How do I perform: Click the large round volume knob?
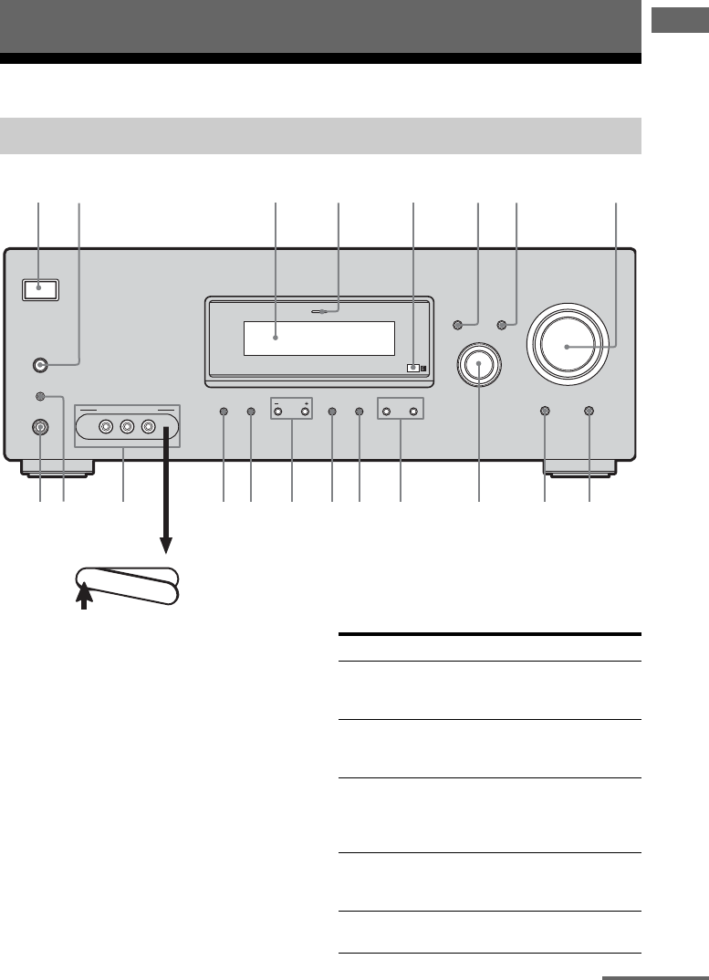pyautogui.click(x=566, y=347)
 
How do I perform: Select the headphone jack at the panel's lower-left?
pyautogui.click(x=40, y=426)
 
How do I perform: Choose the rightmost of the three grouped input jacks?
pyautogui.click(x=146, y=426)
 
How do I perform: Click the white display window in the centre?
pyautogui.click(x=318, y=339)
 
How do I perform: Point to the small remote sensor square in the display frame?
pyautogui.click(x=413, y=368)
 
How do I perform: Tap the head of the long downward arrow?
pyautogui.click(x=166, y=546)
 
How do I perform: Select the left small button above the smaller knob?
pyautogui.click(x=459, y=324)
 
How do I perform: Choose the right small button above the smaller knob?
pyautogui.click(x=501, y=324)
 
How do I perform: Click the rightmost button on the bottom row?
pyautogui.click(x=589, y=412)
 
